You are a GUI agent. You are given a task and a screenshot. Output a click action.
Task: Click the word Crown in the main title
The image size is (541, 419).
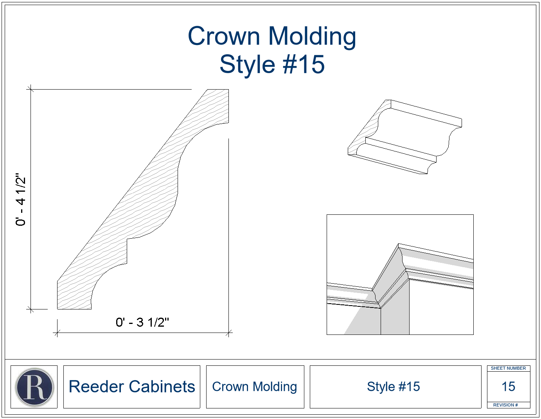click(x=224, y=36)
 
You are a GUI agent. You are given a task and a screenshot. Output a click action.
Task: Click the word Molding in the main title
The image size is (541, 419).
click(x=312, y=37)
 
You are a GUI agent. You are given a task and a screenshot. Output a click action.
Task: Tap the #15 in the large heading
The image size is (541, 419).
click(x=304, y=64)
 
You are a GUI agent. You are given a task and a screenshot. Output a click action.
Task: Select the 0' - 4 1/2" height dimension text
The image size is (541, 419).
click(x=20, y=200)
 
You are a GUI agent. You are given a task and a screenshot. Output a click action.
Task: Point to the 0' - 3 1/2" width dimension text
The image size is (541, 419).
click(x=142, y=322)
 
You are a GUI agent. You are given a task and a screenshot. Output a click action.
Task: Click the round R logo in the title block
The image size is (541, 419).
click(x=34, y=387)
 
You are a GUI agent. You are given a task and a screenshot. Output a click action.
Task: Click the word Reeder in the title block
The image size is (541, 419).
click(x=96, y=387)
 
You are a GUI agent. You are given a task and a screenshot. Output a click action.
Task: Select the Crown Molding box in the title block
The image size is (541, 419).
click(x=255, y=387)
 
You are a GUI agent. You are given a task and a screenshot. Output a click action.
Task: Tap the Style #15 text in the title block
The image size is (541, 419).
click(x=394, y=387)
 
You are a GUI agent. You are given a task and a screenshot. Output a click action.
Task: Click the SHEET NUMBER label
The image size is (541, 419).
click(x=508, y=368)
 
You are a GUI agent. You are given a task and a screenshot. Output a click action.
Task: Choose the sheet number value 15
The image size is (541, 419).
click(x=508, y=387)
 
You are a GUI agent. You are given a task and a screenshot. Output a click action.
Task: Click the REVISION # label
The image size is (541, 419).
click(x=505, y=405)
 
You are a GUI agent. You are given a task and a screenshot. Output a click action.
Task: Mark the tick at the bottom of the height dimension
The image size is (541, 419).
click(x=31, y=309)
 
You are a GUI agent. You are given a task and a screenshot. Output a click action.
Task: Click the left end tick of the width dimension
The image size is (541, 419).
click(x=57, y=333)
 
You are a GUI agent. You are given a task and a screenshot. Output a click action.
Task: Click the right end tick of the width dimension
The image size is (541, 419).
click(x=228, y=333)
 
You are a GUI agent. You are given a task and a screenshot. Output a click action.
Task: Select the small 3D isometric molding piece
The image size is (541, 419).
click(x=404, y=137)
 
